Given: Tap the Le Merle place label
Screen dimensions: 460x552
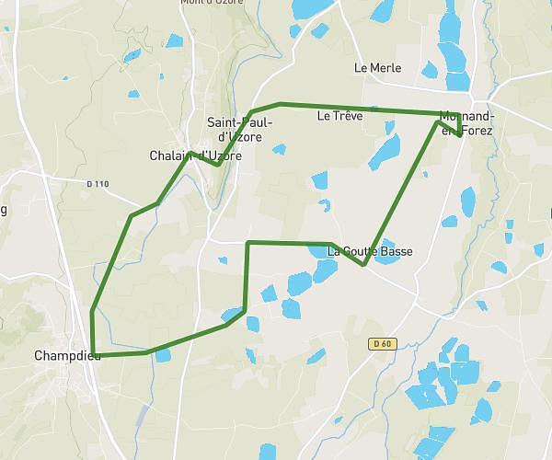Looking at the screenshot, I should click(x=377, y=68).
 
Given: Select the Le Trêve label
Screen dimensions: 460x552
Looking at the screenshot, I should click(x=339, y=116).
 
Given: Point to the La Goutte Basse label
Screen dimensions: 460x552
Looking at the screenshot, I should click(x=371, y=251).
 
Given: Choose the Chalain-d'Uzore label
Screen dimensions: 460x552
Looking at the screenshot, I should click(x=195, y=155).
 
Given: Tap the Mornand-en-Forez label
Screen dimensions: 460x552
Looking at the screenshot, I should click(x=466, y=123).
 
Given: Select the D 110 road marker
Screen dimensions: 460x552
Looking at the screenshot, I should click(x=96, y=185).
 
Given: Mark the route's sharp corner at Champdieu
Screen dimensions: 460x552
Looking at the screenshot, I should click(x=93, y=354).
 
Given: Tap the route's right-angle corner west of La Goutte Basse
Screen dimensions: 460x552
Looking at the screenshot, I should click(x=247, y=243).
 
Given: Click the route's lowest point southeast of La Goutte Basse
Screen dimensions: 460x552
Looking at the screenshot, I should click(x=364, y=265).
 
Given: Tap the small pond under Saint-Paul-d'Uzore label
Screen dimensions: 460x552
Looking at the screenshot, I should click(x=279, y=149).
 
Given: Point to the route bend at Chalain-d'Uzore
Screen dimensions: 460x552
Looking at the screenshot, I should click(x=216, y=165).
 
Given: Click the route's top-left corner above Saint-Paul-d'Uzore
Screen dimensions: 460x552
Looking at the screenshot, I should click(x=250, y=113).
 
